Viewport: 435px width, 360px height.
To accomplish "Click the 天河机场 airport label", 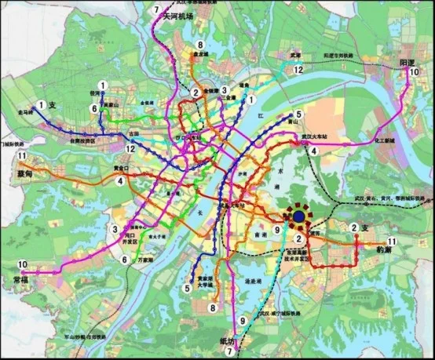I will tap(177, 16).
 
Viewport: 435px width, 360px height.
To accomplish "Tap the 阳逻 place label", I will tap(407, 61).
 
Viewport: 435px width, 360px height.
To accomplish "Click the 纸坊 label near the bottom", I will tap(227, 341).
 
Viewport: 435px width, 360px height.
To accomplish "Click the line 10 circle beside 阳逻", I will tap(413, 73).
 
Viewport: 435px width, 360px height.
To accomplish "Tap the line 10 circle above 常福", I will tap(23, 264).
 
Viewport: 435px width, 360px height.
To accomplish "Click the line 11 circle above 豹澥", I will tap(390, 240).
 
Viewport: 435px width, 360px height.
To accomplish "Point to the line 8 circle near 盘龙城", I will tap(201, 45).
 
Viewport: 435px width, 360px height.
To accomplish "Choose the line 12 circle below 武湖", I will tap(298, 70).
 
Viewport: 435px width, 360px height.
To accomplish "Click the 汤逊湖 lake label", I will tap(253, 279).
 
